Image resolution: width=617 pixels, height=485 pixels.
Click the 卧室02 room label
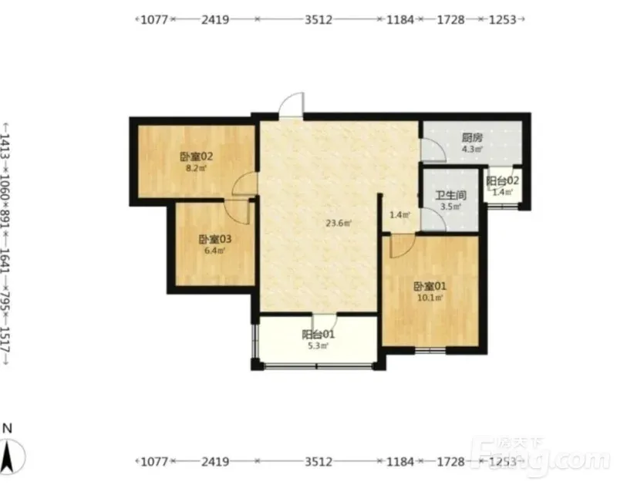197,157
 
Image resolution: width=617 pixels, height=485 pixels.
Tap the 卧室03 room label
215,239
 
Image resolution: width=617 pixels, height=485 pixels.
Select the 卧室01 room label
430,286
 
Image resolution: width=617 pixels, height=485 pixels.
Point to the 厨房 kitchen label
472,138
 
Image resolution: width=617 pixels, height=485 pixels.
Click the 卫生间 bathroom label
450,195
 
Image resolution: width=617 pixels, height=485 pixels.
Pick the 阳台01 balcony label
318,335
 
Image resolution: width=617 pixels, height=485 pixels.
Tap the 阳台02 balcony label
502,181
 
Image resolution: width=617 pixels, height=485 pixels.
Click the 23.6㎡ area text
339,224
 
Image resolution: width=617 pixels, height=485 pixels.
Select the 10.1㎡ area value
430,298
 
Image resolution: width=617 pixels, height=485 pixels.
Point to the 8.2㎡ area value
197,168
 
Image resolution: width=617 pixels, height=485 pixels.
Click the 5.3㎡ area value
318,346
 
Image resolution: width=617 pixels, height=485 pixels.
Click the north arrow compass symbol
10,456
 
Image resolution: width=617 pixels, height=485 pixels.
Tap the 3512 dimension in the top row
319,19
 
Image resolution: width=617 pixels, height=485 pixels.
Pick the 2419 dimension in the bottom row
215,461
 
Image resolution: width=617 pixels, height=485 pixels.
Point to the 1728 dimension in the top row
451,19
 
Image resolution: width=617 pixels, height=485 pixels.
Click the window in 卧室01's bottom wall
430,350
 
